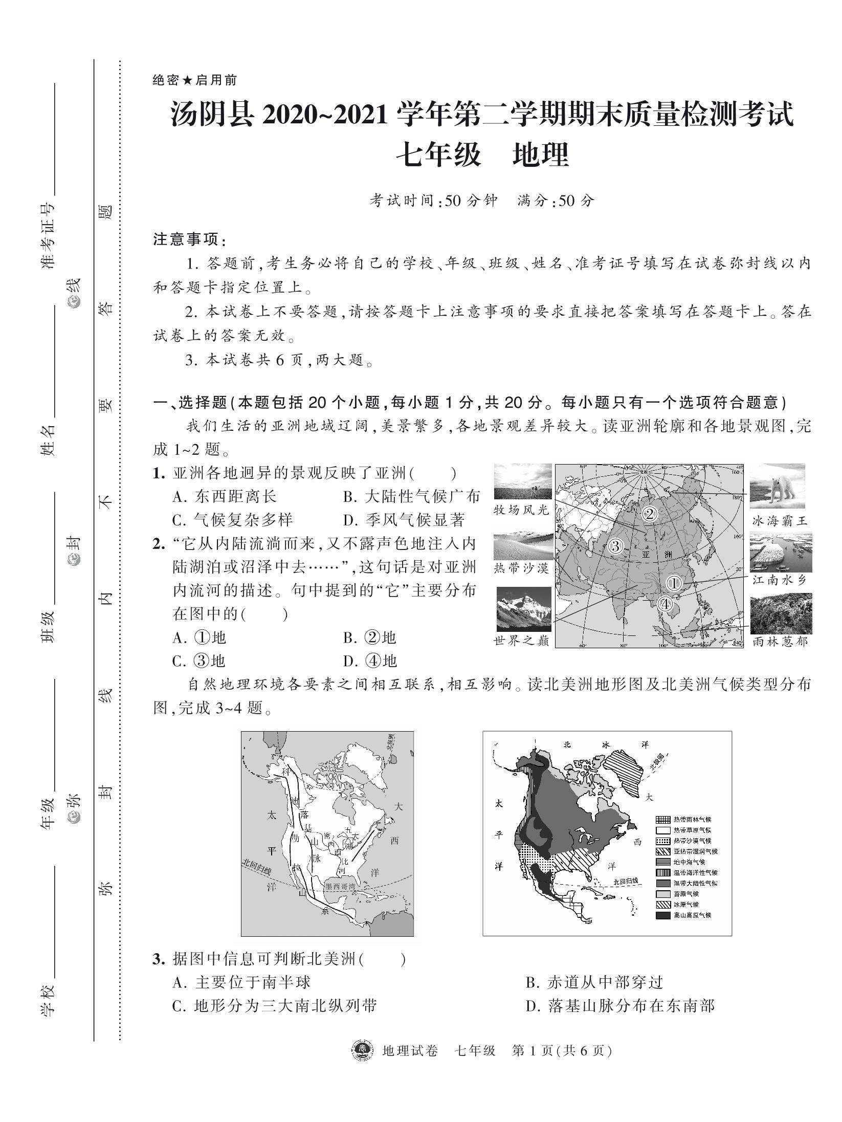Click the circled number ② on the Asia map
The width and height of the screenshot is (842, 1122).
pos(649,514)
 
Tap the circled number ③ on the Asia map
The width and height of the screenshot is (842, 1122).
pos(616,546)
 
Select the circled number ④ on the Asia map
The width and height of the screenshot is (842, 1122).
pos(664,604)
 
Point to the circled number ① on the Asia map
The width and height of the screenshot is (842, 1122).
pos(674,583)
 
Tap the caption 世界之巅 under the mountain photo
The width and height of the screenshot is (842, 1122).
pos(521,641)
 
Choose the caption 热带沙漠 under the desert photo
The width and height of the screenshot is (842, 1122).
pos(521,568)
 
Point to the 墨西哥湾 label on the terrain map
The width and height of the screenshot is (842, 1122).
pos(343,885)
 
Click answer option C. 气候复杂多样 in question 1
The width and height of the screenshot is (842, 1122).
pos(233,520)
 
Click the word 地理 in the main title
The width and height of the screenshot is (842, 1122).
pos(540,156)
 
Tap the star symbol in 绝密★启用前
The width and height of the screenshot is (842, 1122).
pos(188,80)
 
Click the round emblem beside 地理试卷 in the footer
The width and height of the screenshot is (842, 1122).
pos(362,1050)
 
